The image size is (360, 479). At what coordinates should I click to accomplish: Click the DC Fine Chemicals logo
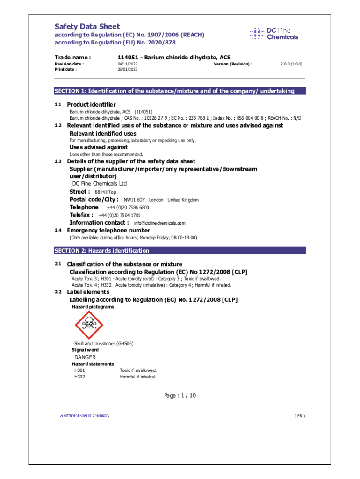pyautogui.click(x=274, y=34)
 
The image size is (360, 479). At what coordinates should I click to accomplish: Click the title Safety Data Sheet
pyautogui.click(x=87, y=27)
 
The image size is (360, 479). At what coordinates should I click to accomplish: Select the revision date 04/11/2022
pyautogui.click(x=128, y=64)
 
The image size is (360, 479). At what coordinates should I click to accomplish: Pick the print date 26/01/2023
pyautogui.click(x=128, y=69)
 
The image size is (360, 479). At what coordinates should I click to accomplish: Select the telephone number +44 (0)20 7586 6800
pyautogui.click(x=128, y=207)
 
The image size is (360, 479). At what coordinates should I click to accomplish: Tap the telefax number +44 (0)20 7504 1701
pyautogui.click(x=119, y=215)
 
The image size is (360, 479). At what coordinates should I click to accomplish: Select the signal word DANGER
pyautogui.click(x=85, y=357)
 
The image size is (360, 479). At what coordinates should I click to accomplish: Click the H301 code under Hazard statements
pyautogui.click(x=79, y=370)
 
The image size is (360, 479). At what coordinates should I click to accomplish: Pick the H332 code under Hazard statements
pyautogui.click(x=79, y=377)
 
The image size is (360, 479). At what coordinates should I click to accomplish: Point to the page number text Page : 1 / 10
pyautogui.click(x=180, y=396)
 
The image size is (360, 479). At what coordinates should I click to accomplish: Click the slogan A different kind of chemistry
pyautogui.click(x=85, y=415)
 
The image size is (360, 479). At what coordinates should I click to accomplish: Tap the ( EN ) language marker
pyautogui.click(x=299, y=416)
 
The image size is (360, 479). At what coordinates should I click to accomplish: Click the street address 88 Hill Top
pyautogui.click(x=106, y=192)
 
